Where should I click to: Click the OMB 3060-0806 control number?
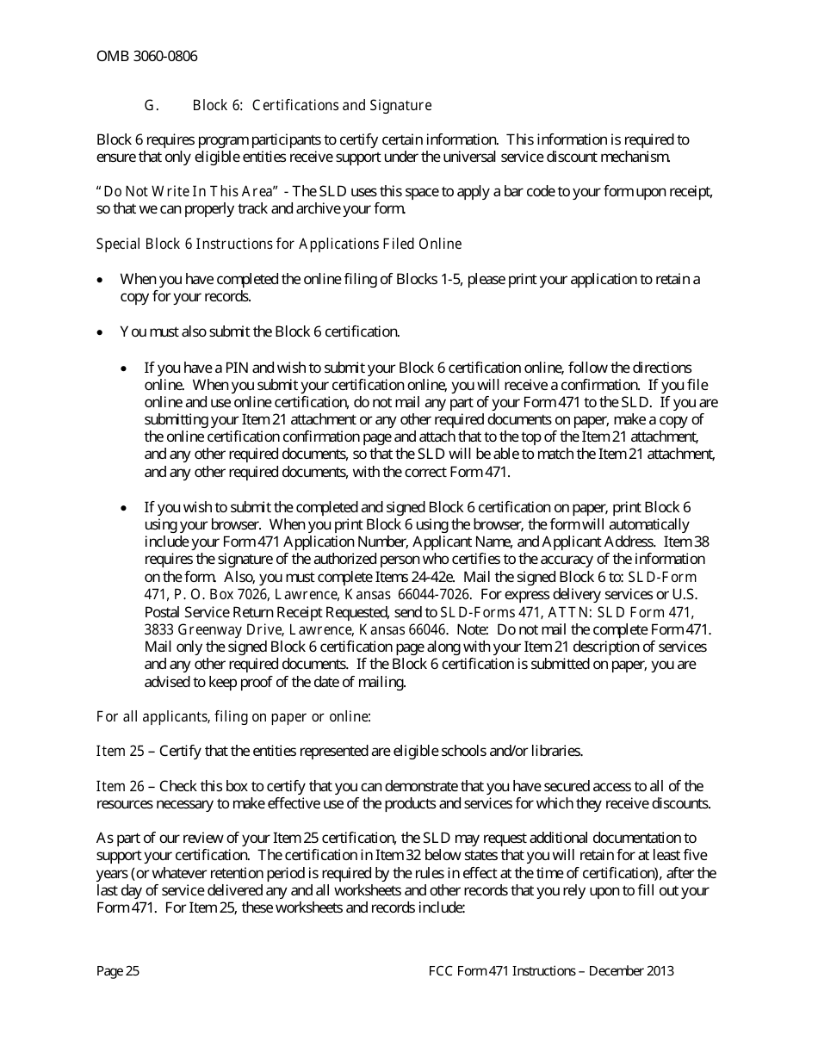pyautogui.click(x=146, y=57)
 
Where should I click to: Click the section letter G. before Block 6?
pyautogui.click(x=152, y=106)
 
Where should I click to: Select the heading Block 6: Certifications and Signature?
pyautogui.click(x=312, y=106)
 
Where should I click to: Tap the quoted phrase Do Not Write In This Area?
pyautogui.click(x=189, y=191)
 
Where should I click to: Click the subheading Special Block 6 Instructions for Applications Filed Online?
pyautogui.click(x=279, y=245)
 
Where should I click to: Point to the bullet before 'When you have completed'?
pyautogui.click(x=102, y=280)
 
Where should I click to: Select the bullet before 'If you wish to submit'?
pyautogui.click(x=126, y=508)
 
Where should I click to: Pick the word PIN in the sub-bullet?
pyautogui.click(x=232, y=368)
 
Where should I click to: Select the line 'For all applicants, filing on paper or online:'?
pyautogui.click(x=233, y=716)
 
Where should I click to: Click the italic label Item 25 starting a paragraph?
pyautogui.click(x=120, y=752)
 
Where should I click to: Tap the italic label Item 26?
pyautogui.click(x=120, y=786)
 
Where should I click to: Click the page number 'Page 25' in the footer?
pyautogui.click(x=118, y=971)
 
